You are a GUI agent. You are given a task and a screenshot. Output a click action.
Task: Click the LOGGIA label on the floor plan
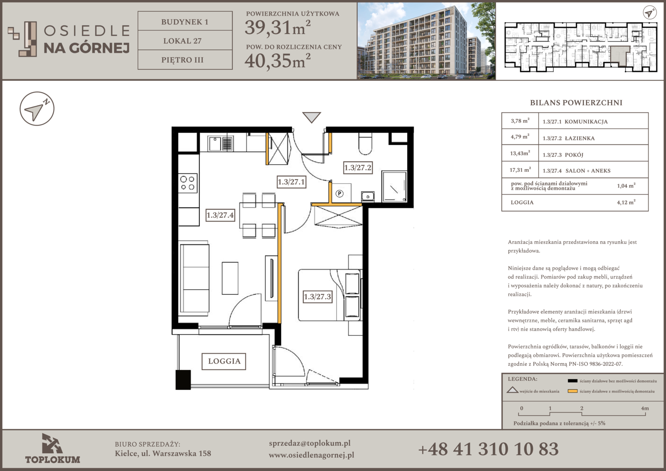[224, 361]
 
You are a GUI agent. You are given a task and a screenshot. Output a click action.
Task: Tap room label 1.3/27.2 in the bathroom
[358, 167]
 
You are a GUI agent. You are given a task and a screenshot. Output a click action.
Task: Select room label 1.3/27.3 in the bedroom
[317, 297]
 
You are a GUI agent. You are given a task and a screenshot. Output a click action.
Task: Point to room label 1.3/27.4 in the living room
[220, 215]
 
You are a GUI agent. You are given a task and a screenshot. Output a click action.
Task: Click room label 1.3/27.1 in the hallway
[291, 182]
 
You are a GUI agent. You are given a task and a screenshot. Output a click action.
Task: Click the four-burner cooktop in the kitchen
[188, 183]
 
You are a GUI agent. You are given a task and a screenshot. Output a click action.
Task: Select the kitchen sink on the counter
[221, 143]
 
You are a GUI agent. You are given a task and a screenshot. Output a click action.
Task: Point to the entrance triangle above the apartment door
[312, 116]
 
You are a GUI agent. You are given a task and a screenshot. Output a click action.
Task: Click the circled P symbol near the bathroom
[340, 194]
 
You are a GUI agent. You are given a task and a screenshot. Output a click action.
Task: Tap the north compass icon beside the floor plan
[37, 109]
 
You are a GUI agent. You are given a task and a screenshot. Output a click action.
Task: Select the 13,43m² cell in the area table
[520, 153]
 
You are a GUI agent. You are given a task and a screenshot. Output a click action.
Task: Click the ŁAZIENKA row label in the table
[579, 138]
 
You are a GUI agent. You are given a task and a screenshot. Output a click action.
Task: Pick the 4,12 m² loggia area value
[626, 202]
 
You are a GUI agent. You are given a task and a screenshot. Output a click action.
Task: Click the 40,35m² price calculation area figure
[278, 60]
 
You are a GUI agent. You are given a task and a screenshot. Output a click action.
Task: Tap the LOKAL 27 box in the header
[185, 41]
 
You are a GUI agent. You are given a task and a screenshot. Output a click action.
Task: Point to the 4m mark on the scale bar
[645, 408]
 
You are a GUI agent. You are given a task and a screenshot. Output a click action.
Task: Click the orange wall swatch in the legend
[572, 391]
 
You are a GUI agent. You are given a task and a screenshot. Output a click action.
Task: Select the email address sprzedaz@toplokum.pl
[309, 444]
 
